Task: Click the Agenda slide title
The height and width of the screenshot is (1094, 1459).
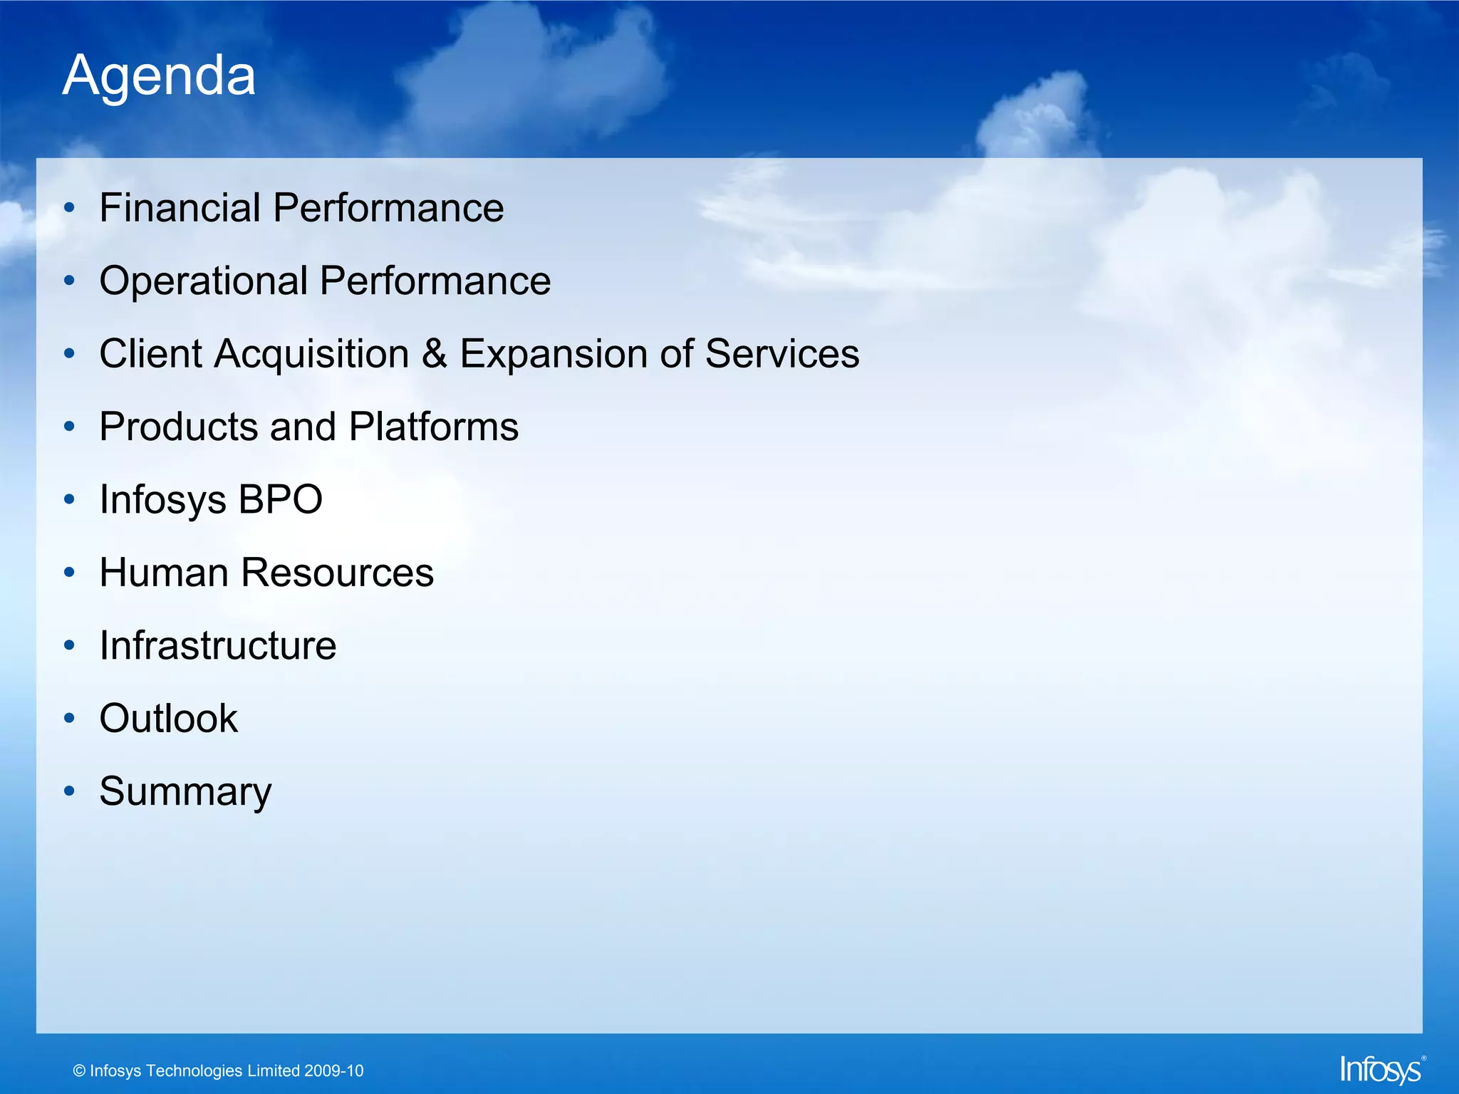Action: tap(159, 75)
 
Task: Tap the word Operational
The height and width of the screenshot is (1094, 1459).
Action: tap(204, 281)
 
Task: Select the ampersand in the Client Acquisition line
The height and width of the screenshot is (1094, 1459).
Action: tap(435, 354)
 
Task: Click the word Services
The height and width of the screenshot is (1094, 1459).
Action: tap(782, 354)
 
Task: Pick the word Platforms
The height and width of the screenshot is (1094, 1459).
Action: tap(434, 427)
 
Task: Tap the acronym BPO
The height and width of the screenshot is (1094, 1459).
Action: tap(280, 499)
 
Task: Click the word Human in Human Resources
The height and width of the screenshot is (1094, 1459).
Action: tap(164, 573)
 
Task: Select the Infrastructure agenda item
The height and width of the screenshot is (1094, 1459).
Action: tap(218, 646)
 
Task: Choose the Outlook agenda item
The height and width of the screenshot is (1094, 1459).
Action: tap(169, 719)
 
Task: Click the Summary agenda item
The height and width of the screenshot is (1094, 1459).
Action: tap(185, 792)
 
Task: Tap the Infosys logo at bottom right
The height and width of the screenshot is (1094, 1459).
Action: tap(1381, 1070)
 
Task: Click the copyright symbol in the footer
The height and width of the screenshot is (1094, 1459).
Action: tap(79, 1071)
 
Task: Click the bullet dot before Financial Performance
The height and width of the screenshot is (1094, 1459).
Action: tap(69, 209)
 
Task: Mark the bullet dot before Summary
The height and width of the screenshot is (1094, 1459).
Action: tap(69, 791)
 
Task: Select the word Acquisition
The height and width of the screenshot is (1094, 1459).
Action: tap(311, 354)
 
